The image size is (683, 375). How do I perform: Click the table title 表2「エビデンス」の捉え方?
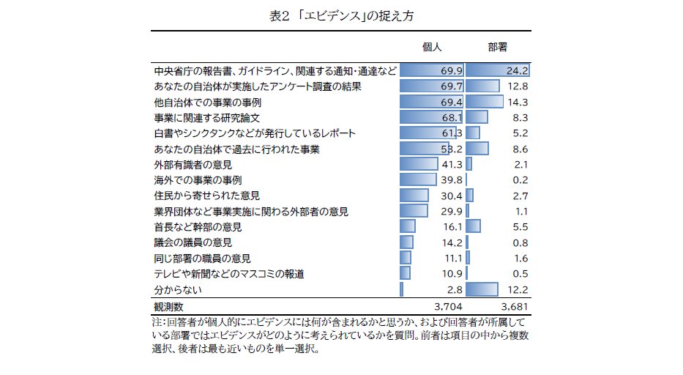pos(342,15)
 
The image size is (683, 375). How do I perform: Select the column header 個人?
pos(433,47)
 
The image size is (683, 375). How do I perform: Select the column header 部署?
pos(498,47)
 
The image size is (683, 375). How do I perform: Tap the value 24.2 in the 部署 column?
pos(517,71)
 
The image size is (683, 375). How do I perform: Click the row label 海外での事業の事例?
pos(198,180)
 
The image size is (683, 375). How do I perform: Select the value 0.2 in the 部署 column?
pos(520,180)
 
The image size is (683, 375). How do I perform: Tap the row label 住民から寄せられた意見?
pos(206,196)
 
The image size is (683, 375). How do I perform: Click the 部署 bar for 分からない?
pos(482,289)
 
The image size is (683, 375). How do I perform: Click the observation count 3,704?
pos(447,305)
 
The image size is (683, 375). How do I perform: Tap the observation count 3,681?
pos(514,305)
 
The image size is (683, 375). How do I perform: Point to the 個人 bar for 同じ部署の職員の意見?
pos(406,258)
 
